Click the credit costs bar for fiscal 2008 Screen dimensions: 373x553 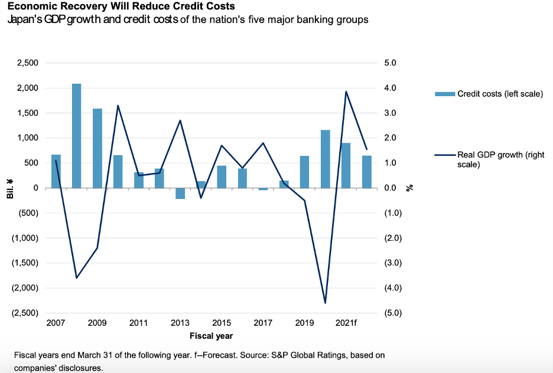[x=77, y=136]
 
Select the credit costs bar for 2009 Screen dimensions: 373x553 [x=97, y=148]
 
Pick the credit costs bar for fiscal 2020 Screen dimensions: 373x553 [x=325, y=159]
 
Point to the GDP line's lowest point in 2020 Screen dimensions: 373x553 [x=325, y=303]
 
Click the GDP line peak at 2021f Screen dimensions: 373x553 [x=346, y=91]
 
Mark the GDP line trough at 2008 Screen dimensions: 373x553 [x=77, y=277]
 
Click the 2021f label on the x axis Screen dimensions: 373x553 [x=346, y=323]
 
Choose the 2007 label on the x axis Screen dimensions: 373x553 [x=55, y=323]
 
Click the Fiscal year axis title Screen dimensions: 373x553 [x=211, y=336]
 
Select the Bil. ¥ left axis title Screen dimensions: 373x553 [x=11, y=188]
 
